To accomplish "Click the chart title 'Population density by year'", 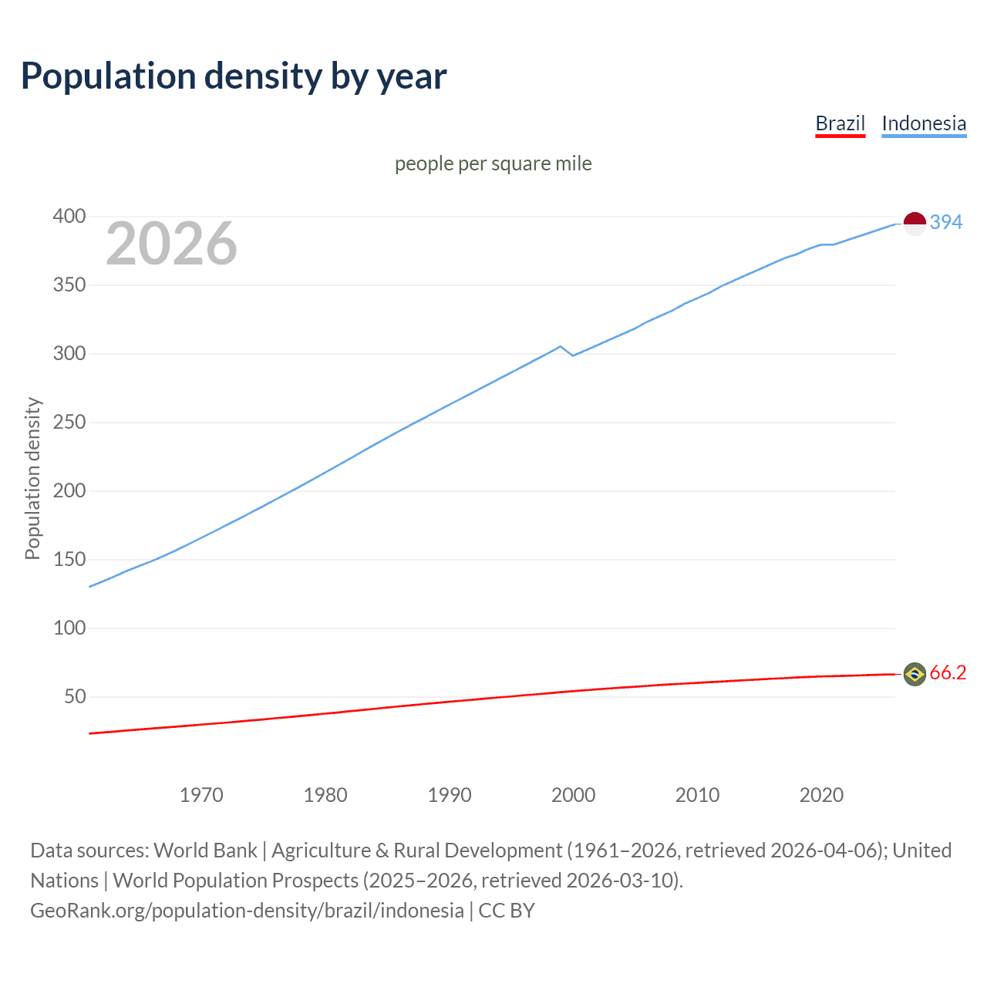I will click(234, 76).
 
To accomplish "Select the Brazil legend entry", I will click(840, 123).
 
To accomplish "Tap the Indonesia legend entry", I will click(923, 123).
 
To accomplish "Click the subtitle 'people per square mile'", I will click(493, 163).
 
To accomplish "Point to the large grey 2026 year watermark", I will click(171, 244).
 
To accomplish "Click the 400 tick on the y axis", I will click(69, 216).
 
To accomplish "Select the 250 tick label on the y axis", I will click(69, 423).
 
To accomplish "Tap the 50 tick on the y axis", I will click(75, 697).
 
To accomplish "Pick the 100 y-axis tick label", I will click(69, 628).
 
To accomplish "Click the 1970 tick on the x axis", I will click(201, 795).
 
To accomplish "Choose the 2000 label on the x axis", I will click(573, 795).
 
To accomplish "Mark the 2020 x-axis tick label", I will click(821, 795).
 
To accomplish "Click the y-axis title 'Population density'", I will click(32, 478).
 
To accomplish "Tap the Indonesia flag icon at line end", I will click(915, 224).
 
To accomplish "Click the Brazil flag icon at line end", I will click(915, 674).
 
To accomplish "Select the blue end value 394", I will click(945, 222).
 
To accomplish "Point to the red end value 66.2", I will click(948, 673).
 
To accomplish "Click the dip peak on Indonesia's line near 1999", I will click(561, 346).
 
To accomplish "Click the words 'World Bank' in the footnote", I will click(205, 851).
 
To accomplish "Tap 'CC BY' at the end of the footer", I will click(507, 911).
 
